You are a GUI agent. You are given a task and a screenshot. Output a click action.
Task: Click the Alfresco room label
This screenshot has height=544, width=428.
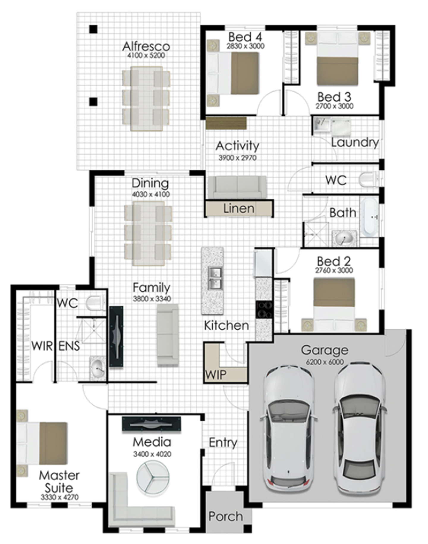click(x=146, y=46)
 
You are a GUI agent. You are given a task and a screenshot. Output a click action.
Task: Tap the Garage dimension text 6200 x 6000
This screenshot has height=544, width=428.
click(x=325, y=362)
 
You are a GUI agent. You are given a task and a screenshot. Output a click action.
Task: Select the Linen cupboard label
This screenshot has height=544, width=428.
click(x=239, y=208)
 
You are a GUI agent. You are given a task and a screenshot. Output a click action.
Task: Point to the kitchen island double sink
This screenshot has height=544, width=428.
click(x=215, y=278)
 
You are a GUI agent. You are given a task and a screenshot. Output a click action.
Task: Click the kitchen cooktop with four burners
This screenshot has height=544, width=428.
click(x=264, y=309)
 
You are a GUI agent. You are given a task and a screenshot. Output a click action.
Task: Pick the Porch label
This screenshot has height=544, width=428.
click(x=226, y=516)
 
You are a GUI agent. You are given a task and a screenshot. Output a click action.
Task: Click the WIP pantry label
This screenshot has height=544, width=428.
click(x=215, y=375)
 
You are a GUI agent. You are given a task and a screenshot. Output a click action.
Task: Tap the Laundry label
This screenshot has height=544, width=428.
click(x=355, y=142)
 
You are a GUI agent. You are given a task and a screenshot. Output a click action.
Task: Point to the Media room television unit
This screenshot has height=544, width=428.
click(x=152, y=424)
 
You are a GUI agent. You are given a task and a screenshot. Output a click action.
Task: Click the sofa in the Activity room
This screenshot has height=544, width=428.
click(x=237, y=187)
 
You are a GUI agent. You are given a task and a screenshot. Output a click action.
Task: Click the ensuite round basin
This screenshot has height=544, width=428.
click(x=98, y=369)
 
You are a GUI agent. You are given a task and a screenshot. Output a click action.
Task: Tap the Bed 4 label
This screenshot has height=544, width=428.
click(x=245, y=37)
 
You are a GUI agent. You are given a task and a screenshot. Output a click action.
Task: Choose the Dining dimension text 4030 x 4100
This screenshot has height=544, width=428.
click(x=151, y=194)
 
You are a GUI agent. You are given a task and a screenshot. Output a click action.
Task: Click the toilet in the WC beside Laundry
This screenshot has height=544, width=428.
click(x=369, y=179)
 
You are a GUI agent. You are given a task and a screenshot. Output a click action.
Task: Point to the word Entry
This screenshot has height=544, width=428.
click(x=223, y=443)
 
